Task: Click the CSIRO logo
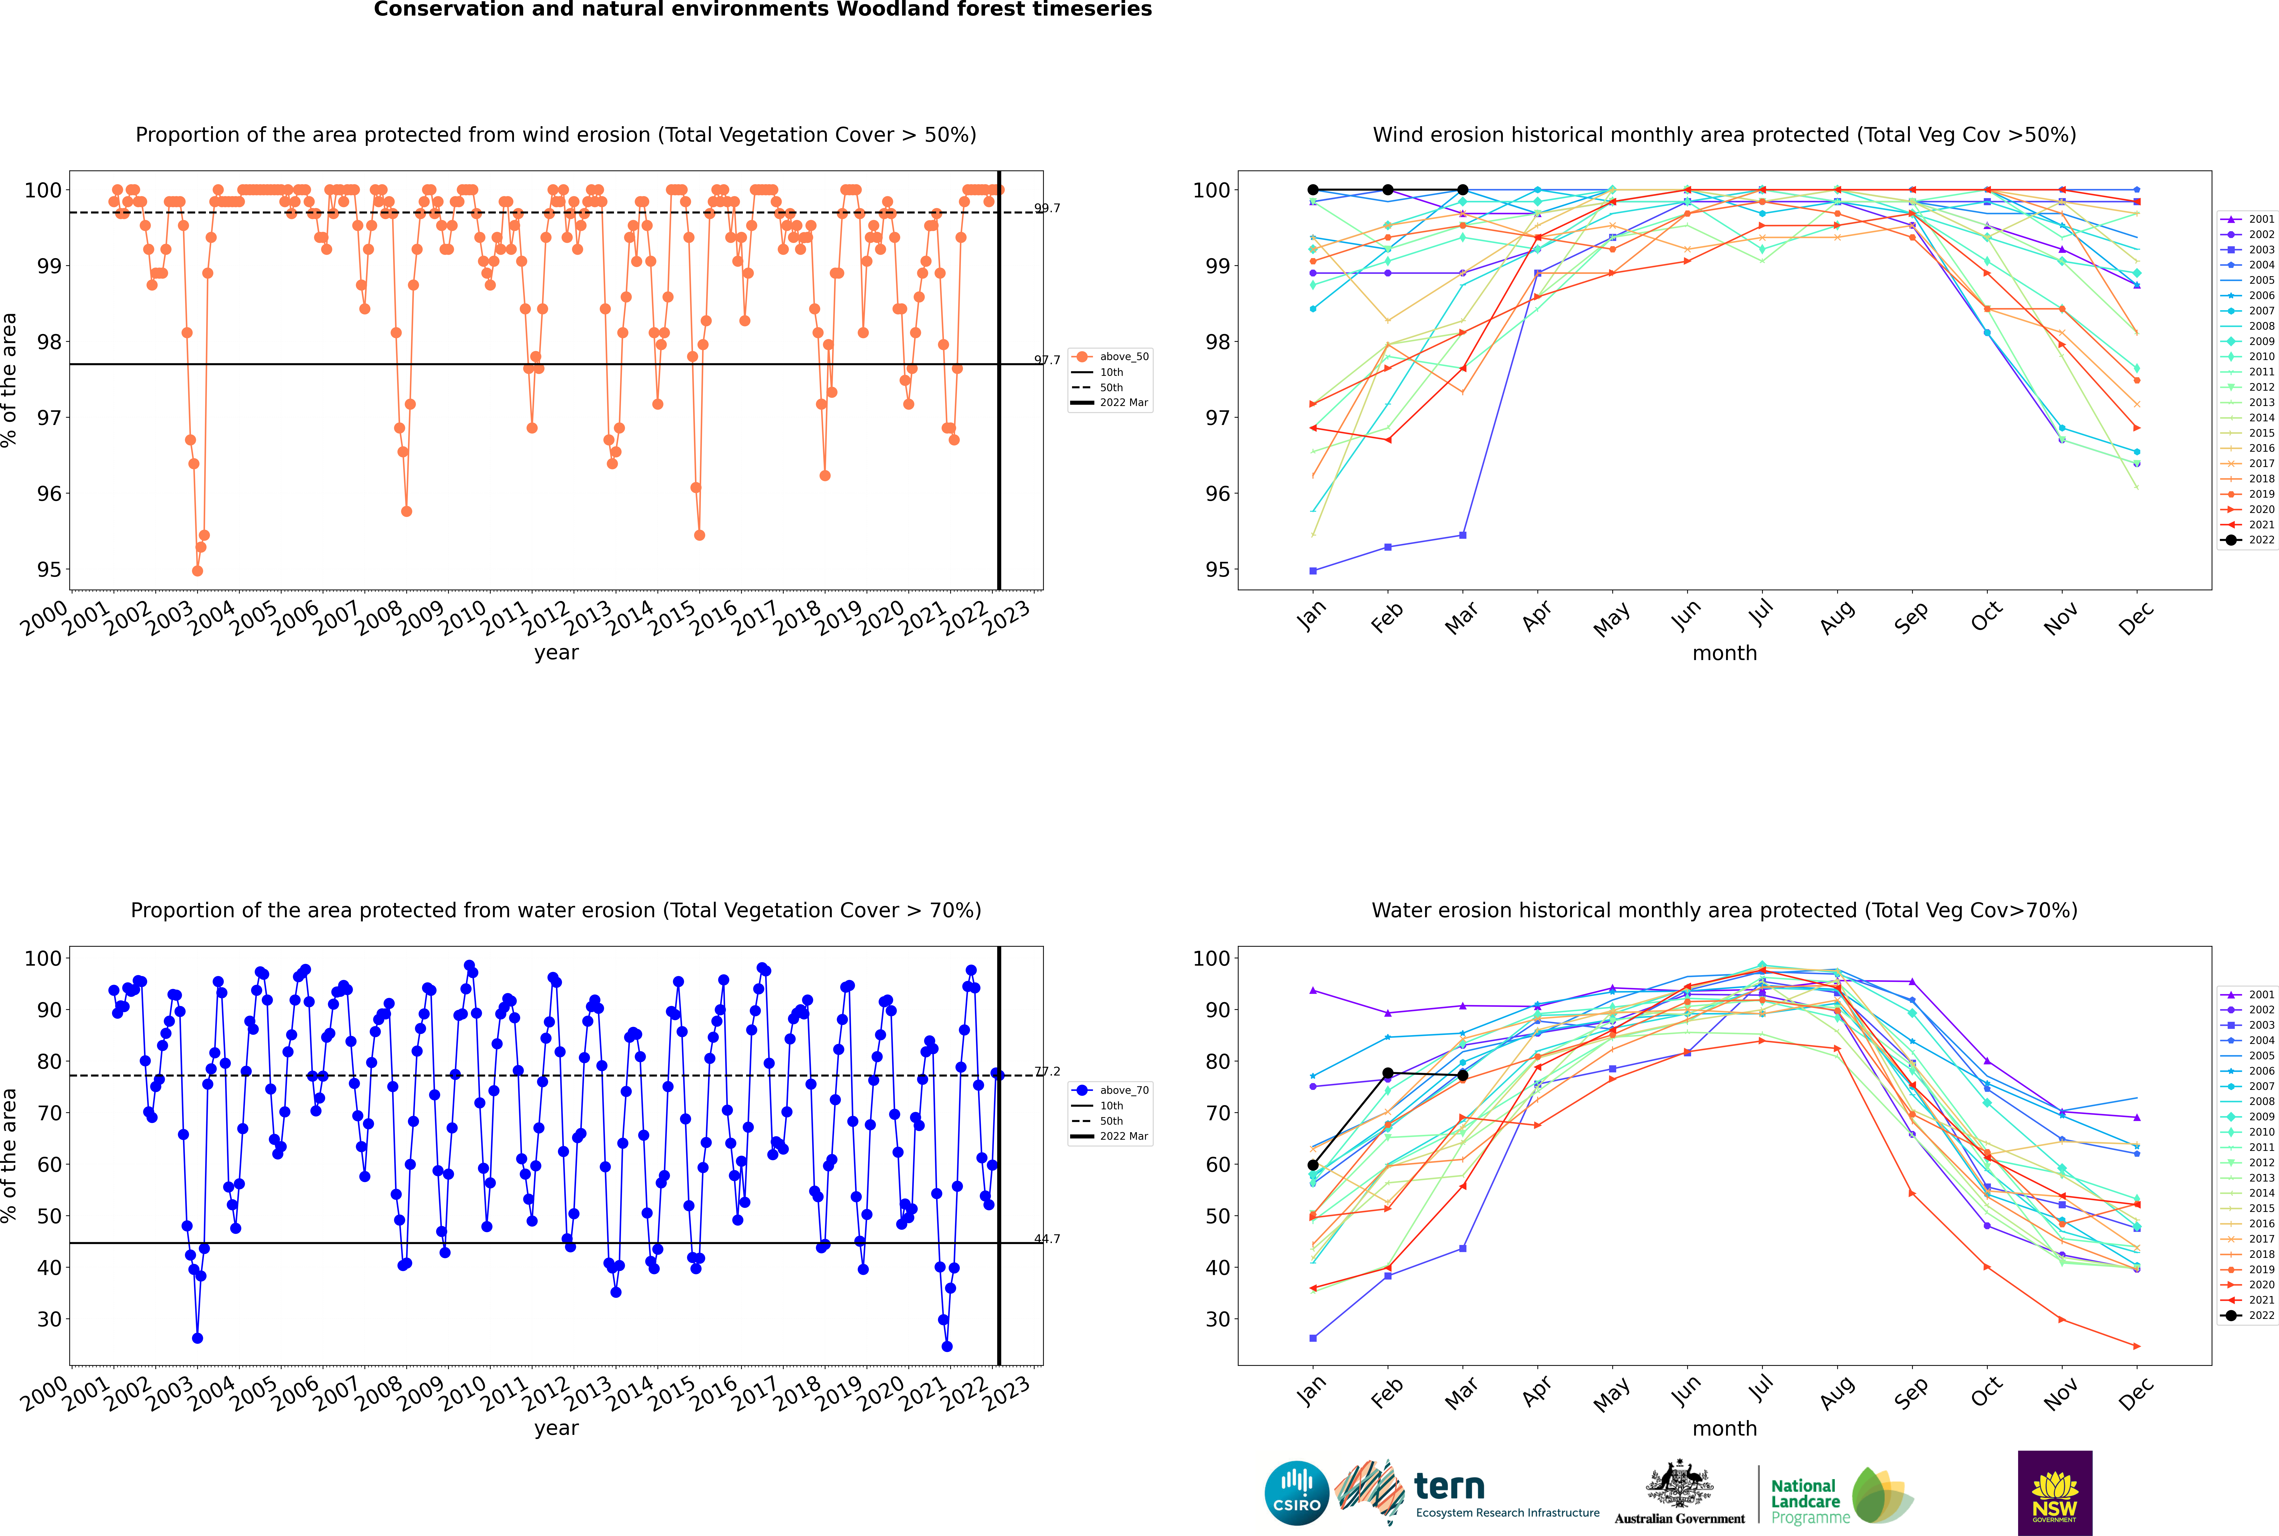[1296, 1493]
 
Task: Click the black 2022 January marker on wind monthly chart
[1313, 190]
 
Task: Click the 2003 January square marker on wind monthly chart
[1313, 570]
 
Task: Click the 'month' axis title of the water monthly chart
[1724, 1428]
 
